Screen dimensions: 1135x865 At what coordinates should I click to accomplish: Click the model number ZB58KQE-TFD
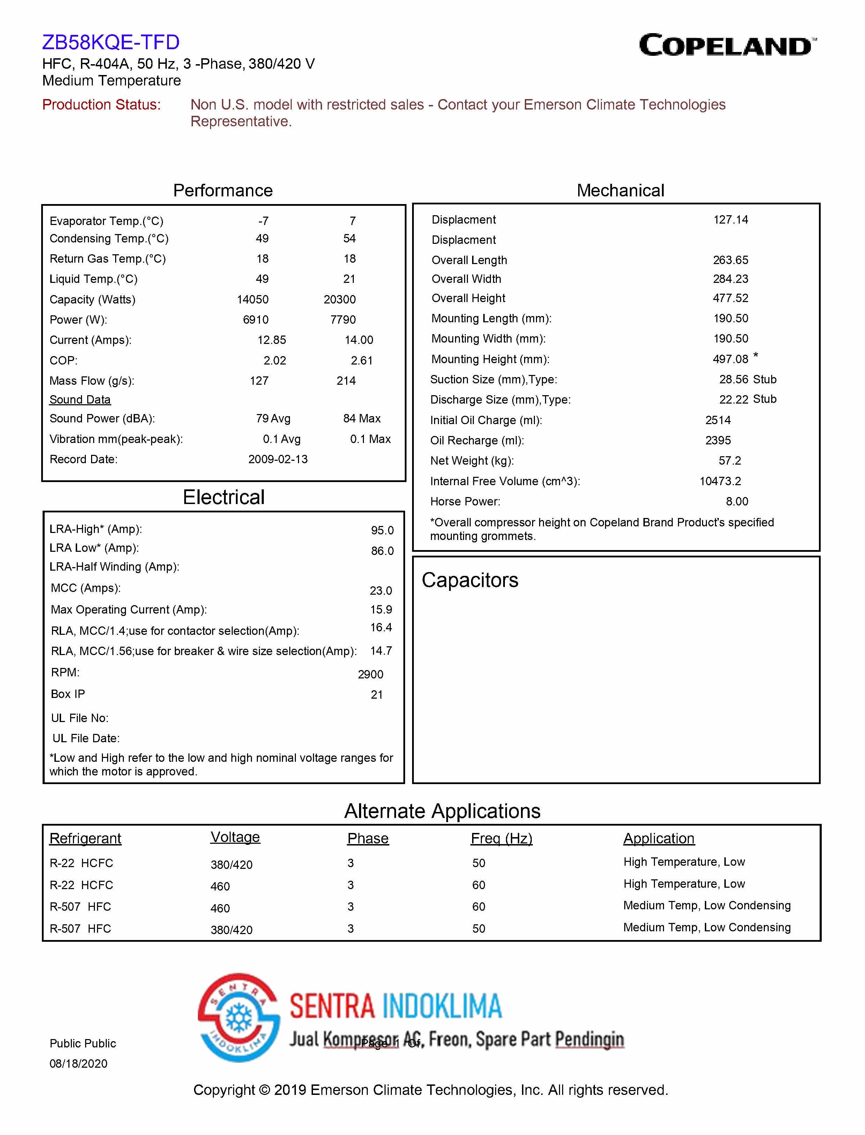111,42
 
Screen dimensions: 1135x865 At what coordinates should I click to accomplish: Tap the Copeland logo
727,45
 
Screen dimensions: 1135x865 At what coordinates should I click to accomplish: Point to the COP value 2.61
361,361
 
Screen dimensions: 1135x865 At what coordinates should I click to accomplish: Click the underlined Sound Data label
80,400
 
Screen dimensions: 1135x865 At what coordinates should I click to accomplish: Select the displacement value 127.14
730,220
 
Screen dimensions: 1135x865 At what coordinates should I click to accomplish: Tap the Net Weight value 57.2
730,461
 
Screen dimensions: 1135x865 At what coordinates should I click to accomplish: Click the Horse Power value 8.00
737,501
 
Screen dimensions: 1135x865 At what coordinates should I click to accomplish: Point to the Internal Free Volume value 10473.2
720,481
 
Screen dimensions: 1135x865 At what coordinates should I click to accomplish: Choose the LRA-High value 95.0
382,530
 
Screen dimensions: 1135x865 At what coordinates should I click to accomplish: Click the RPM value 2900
370,674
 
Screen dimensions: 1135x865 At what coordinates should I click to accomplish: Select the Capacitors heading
470,580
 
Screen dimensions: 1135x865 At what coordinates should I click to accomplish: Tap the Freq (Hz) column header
501,839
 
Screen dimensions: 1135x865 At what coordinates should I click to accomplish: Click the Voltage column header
235,837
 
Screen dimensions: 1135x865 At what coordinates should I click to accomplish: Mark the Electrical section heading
223,497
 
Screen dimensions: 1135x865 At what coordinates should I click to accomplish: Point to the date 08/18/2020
78,1063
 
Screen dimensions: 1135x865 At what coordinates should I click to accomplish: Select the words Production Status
102,105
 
